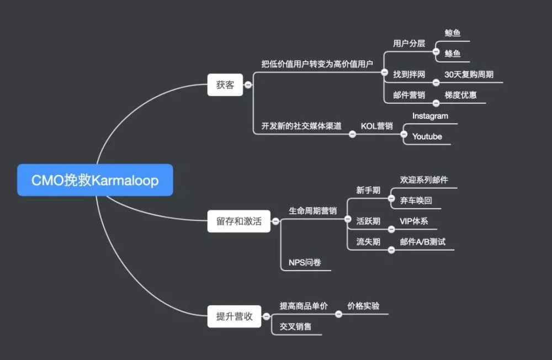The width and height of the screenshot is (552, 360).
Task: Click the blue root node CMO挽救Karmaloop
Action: point(95,180)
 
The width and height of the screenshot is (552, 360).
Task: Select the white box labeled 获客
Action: point(225,85)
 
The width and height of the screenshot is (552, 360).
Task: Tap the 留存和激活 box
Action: point(238,221)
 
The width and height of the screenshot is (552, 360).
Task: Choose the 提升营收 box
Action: point(234,316)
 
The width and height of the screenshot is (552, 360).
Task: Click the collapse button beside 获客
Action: point(248,85)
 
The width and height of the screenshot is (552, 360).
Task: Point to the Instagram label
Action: point(430,116)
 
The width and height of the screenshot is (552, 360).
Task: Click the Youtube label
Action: point(427,136)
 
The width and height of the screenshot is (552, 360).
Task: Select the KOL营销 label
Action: point(376,126)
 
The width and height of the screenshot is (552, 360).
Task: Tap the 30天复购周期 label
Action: point(469,75)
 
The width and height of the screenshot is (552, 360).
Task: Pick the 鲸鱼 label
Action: point(453,33)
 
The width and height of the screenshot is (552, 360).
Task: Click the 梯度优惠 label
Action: point(460,95)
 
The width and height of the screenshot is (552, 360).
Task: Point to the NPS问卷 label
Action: point(305,262)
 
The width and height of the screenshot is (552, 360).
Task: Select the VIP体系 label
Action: point(414,221)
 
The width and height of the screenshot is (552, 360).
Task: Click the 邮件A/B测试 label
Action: point(423,242)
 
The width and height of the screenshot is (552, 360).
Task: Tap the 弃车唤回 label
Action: point(416,200)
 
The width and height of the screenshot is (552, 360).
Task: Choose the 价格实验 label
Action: point(363,306)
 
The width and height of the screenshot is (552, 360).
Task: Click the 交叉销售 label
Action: point(295,326)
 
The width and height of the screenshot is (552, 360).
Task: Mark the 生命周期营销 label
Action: point(312,211)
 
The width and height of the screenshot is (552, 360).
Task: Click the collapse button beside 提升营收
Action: point(267,316)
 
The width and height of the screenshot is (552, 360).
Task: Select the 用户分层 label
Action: point(409,43)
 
